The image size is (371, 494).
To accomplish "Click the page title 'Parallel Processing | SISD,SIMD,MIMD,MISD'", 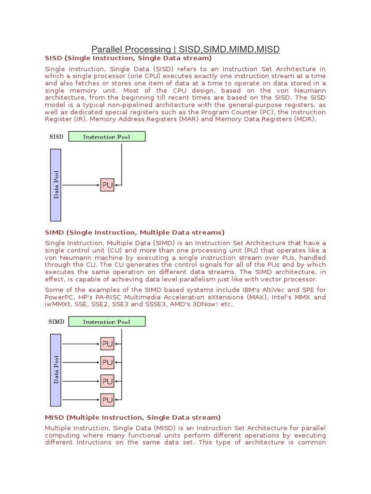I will pyautogui.click(x=186, y=49).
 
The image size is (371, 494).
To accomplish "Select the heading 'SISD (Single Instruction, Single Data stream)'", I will pyautogui.click(x=128, y=58).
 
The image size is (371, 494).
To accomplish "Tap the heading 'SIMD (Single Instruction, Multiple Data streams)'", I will pyautogui.click(x=135, y=233).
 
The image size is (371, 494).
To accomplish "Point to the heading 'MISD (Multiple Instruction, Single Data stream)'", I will pyautogui.click(x=133, y=417).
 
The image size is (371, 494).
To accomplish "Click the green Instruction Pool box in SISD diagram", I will pyautogui.click(x=107, y=137).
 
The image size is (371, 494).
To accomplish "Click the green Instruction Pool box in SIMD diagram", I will pyautogui.click(x=107, y=322).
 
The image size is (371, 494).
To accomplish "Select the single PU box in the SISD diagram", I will pyautogui.click(x=107, y=185).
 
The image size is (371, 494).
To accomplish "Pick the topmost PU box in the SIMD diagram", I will pyautogui.click(x=107, y=344).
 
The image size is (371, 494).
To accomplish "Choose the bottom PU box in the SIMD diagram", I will pyautogui.click(x=107, y=400).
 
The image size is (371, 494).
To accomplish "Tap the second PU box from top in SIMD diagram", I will pyautogui.click(x=107, y=362).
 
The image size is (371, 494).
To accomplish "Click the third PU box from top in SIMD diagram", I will pyautogui.click(x=107, y=381).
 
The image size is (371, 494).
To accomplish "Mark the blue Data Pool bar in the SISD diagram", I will pyautogui.click(x=56, y=184).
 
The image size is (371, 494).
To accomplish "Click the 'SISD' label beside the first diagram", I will pyautogui.click(x=56, y=137).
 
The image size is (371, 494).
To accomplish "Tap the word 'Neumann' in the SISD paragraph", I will pyautogui.click(x=312, y=90).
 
